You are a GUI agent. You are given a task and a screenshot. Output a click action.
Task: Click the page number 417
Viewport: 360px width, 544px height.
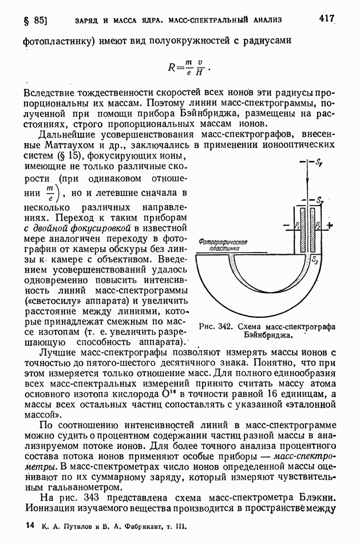click(326, 18)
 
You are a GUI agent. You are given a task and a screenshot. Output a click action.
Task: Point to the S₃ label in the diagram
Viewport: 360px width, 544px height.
click(314, 260)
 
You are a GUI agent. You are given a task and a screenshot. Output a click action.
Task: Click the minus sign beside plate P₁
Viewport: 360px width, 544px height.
click(282, 225)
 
